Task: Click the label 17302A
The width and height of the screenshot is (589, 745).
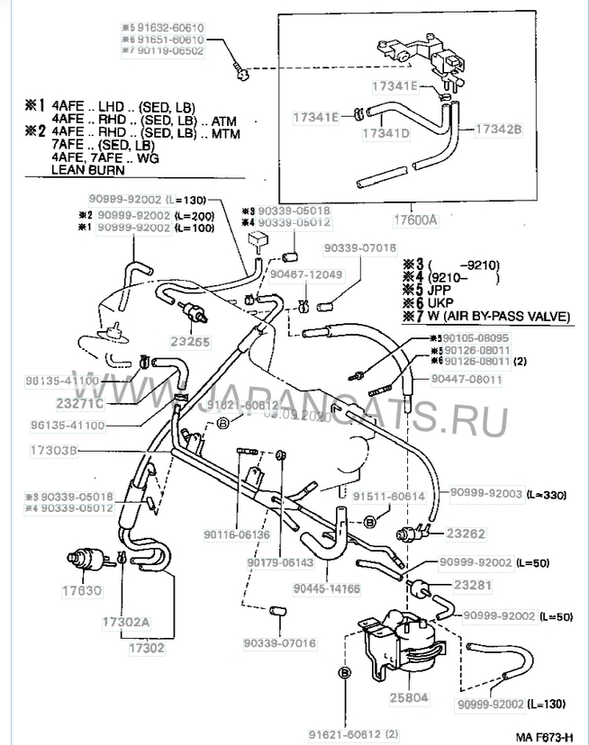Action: [150, 621]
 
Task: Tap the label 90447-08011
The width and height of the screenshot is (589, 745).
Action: [466, 381]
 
